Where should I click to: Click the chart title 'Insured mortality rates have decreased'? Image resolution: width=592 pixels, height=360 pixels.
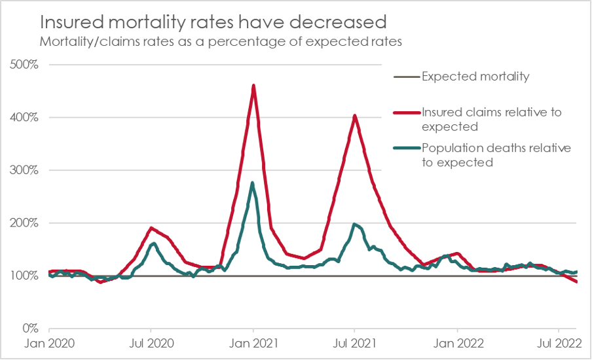(x=213, y=22)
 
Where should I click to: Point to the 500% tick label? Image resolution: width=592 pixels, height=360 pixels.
(x=26, y=65)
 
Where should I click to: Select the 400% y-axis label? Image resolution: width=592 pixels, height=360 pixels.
(x=26, y=118)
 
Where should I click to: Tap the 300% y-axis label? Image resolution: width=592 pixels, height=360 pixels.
(x=26, y=170)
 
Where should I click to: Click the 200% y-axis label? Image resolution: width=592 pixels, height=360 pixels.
(x=26, y=223)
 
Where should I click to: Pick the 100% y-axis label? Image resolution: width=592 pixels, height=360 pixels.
(x=26, y=276)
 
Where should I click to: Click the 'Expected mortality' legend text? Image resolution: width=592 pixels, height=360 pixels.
(x=475, y=77)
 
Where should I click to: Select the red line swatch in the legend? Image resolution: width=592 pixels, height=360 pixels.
(x=405, y=113)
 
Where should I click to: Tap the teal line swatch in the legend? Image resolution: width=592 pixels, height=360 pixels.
(x=405, y=149)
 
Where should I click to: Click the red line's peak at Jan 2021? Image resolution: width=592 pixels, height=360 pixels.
(x=253, y=85)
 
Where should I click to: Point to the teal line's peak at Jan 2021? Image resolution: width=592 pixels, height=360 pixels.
(x=253, y=183)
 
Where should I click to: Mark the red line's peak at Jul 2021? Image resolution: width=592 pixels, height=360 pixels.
(x=354, y=116)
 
